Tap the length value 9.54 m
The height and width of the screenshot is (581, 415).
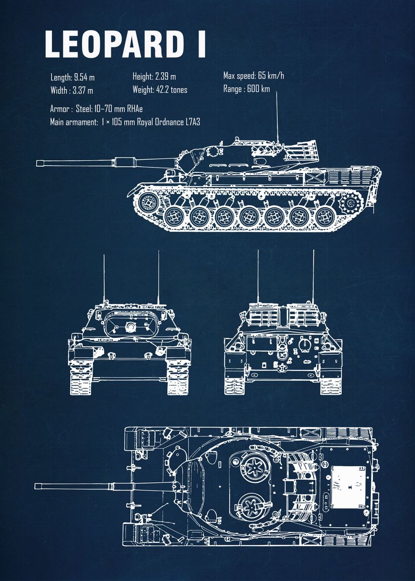(x=84, y=77)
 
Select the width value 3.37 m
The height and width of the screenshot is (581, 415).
(x=83, y=90)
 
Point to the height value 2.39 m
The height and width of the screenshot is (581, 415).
(x=165, y=76)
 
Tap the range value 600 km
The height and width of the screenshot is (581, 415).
(x=258, y=89)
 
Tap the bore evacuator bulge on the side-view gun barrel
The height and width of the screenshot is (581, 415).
(x=123, y=161)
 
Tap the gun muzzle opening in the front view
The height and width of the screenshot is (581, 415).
(x=130, y=328)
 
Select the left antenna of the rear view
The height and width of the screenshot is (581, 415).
(x=258, y=276)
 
